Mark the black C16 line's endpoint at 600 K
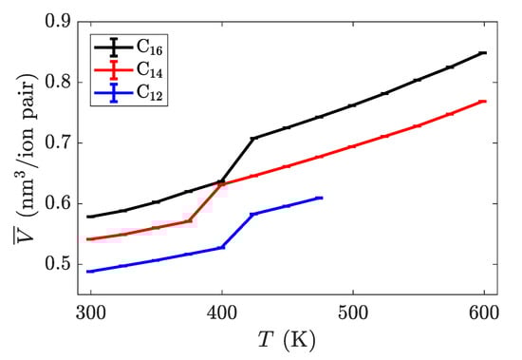point(484,52)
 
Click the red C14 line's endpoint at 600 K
point(484,102)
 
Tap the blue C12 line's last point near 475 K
point(320,198)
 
